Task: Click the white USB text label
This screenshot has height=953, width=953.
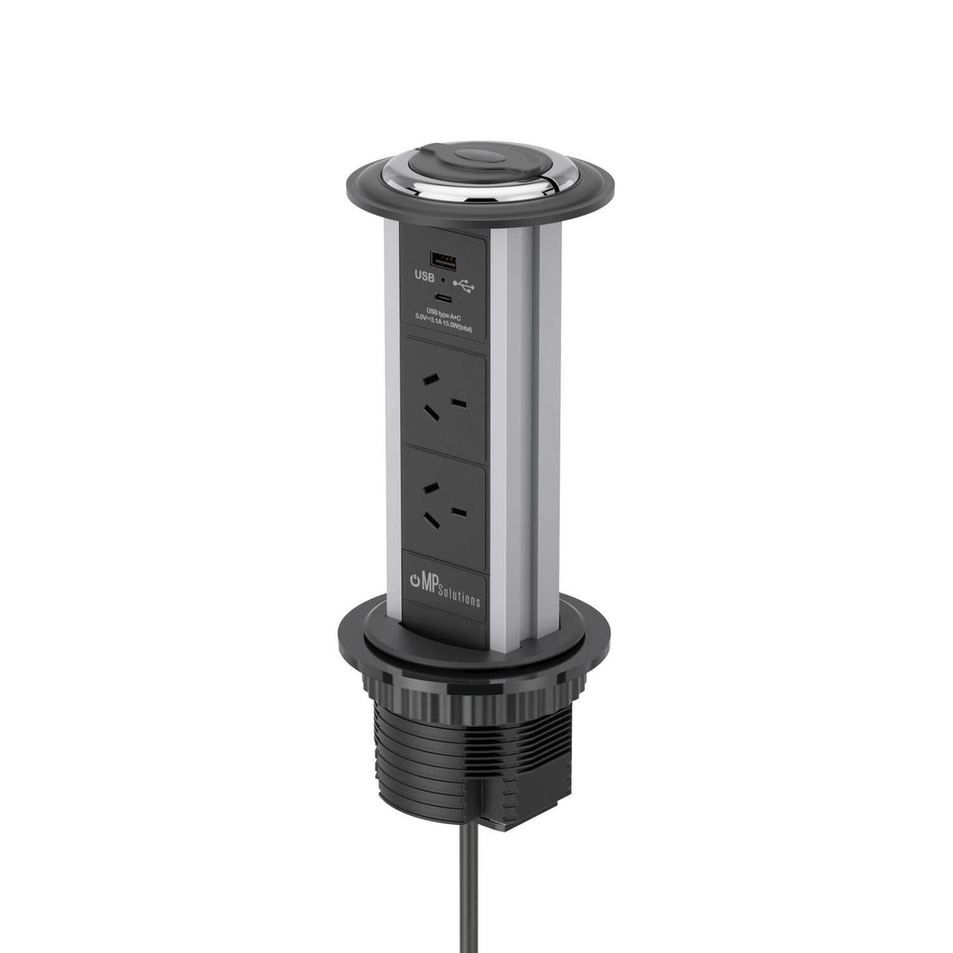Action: (x=425, y=277)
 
